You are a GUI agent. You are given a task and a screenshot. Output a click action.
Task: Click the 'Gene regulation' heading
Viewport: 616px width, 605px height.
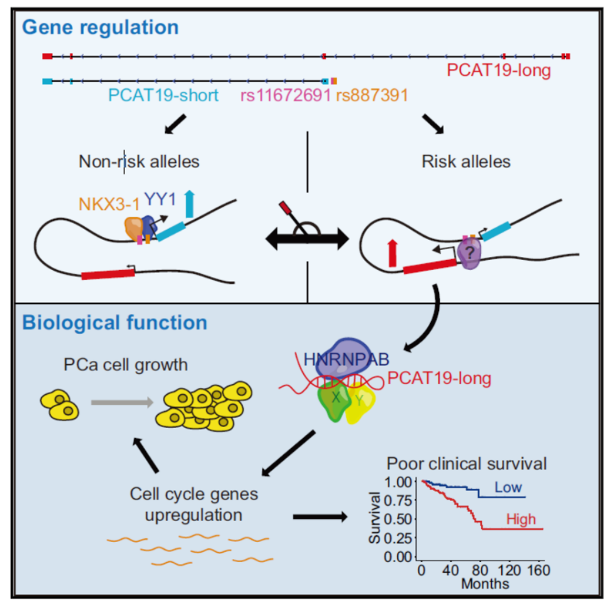pos(100,28)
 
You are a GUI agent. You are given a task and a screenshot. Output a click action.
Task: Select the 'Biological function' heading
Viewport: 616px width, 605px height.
pos(115,322)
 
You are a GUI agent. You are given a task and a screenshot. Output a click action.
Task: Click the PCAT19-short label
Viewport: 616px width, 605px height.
pos(164,95)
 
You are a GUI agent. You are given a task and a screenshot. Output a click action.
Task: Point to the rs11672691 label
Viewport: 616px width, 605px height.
pos(285,95)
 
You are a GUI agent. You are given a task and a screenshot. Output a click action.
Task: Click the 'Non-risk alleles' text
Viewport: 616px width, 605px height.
pos(138,161)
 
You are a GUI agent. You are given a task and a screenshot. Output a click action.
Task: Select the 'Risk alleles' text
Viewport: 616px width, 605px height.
pos(466,161)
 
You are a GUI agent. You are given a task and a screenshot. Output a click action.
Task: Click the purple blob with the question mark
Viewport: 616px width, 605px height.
pos(470,253)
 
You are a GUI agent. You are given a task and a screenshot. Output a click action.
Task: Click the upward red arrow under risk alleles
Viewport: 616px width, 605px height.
pos(392,254)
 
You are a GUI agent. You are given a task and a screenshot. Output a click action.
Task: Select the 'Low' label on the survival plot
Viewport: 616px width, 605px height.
pos(508,487)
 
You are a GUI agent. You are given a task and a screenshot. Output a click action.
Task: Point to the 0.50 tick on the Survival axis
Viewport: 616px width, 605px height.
pos(400,519)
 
